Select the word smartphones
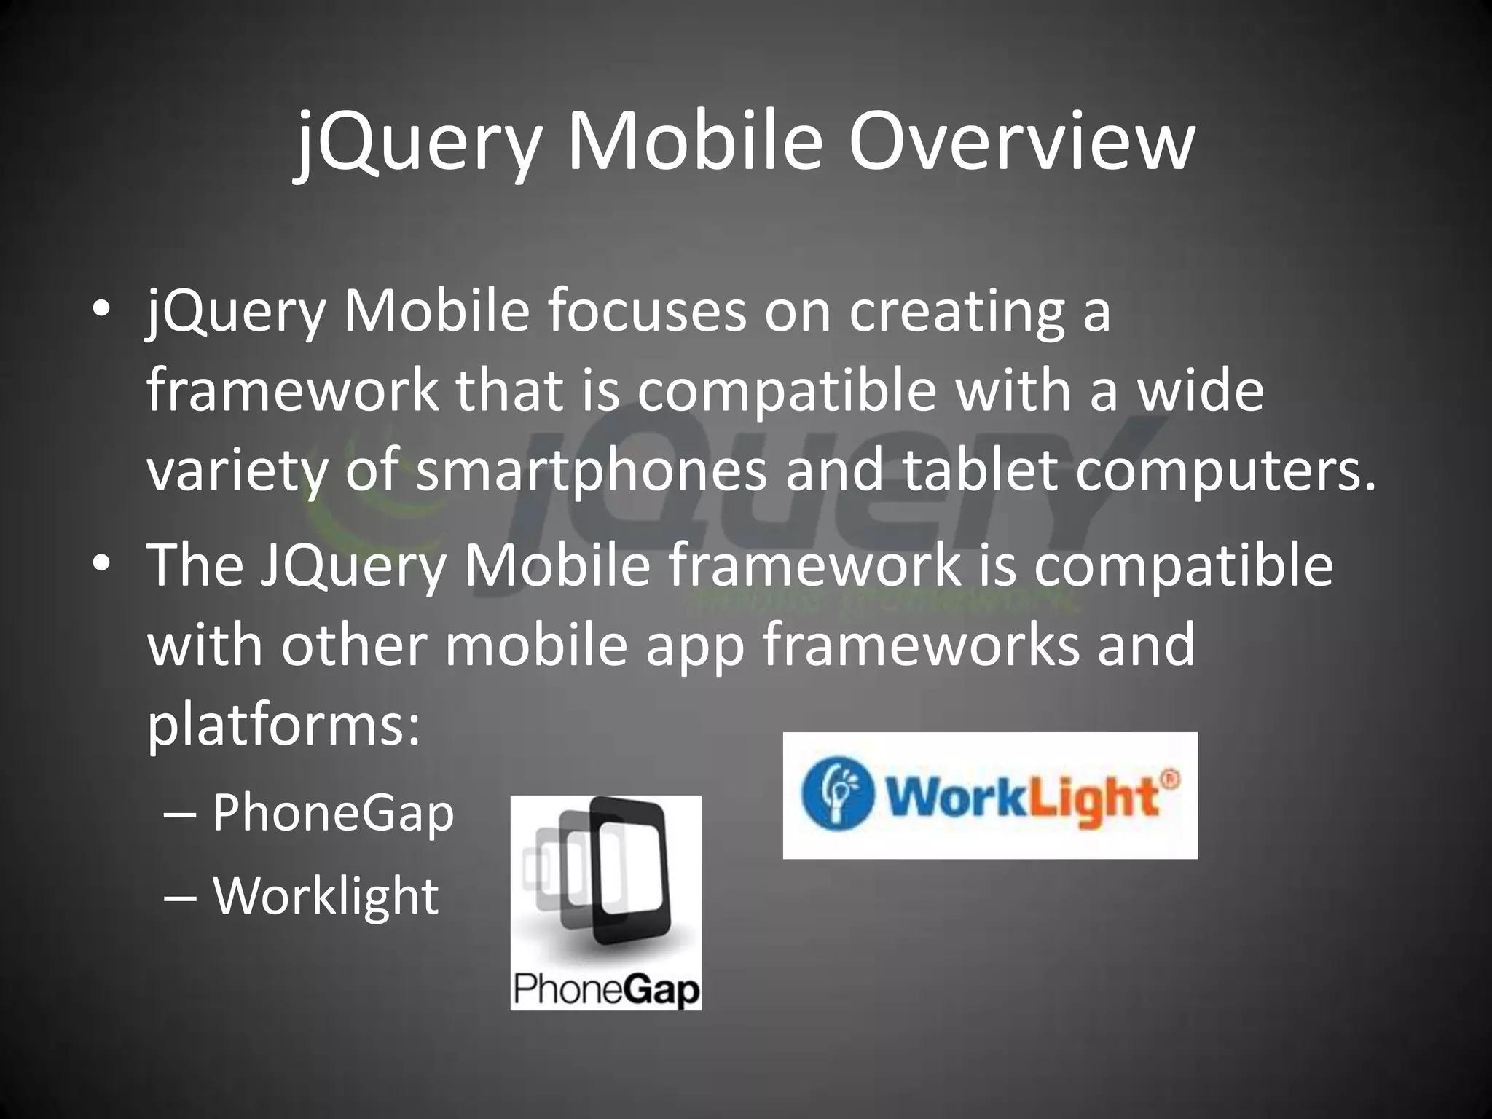(592, 470)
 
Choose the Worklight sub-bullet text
(326, 895)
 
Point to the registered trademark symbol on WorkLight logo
(1168, 778)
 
